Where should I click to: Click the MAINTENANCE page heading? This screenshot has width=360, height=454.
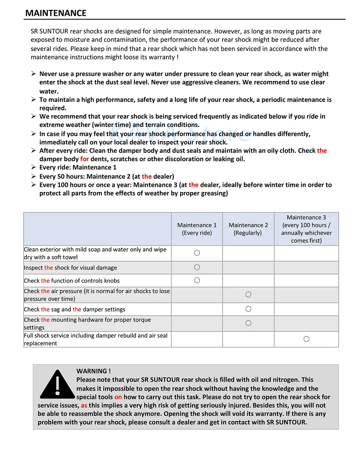56,13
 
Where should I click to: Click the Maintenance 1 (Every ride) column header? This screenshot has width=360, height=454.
197,229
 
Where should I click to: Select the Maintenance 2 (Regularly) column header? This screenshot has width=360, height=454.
248,229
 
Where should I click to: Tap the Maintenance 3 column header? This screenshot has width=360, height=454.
306,229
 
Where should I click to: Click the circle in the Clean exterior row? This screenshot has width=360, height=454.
197,253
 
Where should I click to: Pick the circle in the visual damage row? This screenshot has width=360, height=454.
197,268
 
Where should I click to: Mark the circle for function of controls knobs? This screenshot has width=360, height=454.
197,280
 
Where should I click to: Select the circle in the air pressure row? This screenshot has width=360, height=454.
248,294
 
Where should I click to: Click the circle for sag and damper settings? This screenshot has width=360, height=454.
248,309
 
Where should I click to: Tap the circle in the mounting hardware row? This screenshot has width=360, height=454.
248,323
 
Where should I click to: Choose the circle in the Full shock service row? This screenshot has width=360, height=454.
306,339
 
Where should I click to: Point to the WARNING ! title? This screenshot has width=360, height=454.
94,371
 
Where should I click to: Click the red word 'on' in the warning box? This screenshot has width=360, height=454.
118,397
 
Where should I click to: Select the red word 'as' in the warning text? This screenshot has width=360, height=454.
84,405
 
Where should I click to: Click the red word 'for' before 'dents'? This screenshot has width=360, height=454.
85,159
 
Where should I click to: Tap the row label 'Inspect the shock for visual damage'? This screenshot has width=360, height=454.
70,268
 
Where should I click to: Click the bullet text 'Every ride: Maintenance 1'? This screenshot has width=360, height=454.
78,168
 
